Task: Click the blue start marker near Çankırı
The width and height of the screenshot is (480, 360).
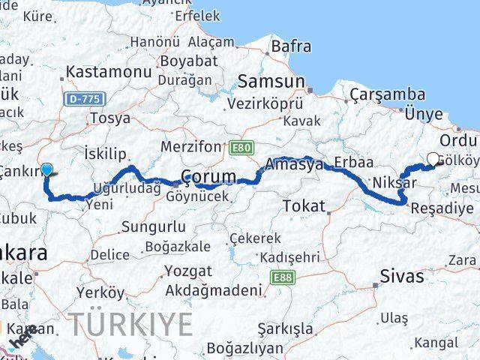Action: point(47,169)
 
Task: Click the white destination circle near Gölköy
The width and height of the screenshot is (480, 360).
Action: point(433,158)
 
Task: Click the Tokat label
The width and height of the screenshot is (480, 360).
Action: point(304,205)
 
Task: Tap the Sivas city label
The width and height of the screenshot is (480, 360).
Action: point(403,275)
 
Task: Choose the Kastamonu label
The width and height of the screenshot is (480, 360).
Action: point(109,72)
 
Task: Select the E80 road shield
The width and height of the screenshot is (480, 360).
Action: point(241,147)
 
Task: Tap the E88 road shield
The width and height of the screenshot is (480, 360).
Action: point(283,277)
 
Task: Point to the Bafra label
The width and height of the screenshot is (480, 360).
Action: point(291,46)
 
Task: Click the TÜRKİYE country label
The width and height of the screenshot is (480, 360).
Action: point(131,324)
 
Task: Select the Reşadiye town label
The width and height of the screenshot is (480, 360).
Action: point(447,208)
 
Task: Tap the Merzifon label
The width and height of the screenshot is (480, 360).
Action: point(192,147)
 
